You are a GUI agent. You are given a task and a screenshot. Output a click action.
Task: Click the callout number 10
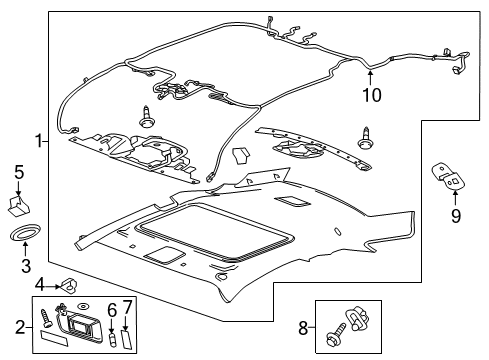click(370, 95)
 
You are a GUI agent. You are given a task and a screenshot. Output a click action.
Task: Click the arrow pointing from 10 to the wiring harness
click(370, 76)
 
